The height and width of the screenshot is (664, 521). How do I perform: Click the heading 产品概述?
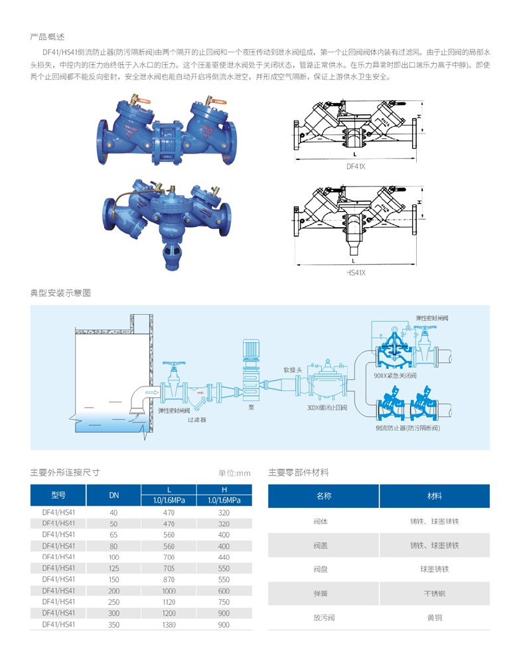pyautogui.click(x=47, y=37)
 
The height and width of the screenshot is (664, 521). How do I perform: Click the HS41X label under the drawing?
pyautogui.click(x=356, y=272)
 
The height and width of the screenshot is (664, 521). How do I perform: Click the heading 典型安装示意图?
pyautogui.click(x=60, y=293)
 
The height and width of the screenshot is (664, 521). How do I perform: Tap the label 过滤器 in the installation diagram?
pyautogui.click(x=196, y=420)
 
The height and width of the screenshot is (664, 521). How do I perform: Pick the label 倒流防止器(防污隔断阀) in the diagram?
pyautogui.click(x=407, y=428)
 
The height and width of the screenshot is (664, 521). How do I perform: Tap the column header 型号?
pyautogui.click(x=58, y=495)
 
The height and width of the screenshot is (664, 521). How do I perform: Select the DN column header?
pyautogui.click(x=113, y=495)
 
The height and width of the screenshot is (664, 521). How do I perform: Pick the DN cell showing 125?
pyautogui.click(x=113, y=568)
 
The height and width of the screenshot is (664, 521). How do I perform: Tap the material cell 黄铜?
pyautogui.click(x=434, y=618)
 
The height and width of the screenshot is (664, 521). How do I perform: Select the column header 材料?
pyautogui.click(x=434, y=496)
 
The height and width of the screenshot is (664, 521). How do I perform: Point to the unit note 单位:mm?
pyautogui.click(x=234, y=473)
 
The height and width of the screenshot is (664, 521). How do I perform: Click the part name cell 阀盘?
pyautogui.click(x=323, y=569)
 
